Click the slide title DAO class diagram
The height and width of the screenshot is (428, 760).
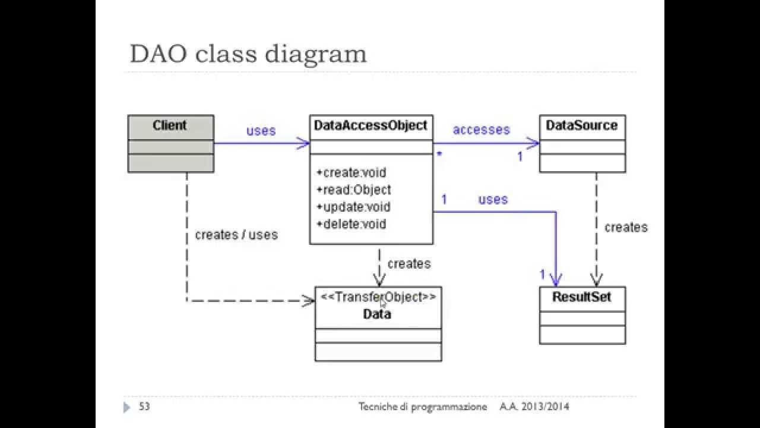248,53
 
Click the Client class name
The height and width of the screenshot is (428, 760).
169,125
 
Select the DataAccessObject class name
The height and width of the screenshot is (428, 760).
370,125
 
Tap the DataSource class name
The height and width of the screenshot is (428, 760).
581,125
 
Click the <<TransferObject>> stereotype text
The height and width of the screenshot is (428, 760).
378,297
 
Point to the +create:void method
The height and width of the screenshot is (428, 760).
351,173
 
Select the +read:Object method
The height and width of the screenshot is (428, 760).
354,190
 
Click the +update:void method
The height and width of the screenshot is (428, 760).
354,207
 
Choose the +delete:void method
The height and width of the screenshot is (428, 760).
351,224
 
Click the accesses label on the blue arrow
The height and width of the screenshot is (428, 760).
481,130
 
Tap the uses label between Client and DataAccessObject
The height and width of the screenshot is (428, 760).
261,131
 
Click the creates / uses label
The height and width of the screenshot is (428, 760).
236,235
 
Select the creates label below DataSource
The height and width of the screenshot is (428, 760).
626,228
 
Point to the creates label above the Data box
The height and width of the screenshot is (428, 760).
408,263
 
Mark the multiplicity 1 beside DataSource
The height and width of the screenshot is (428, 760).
520,157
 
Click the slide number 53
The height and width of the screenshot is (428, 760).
144,407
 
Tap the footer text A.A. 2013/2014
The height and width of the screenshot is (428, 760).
534,407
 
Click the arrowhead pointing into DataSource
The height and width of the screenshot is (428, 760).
534,143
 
